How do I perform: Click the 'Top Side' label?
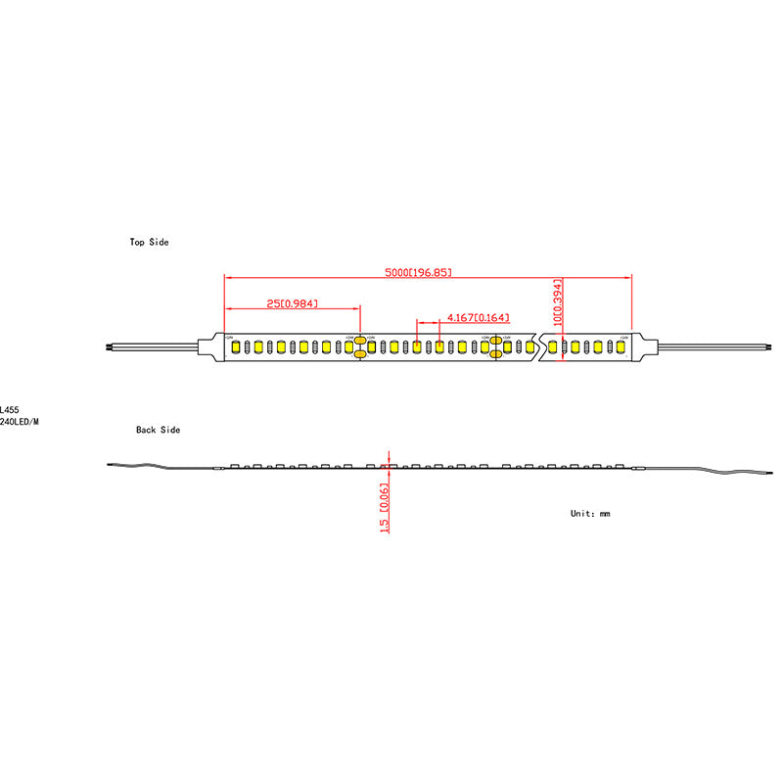(150, 242)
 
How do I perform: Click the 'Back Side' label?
(158, 430)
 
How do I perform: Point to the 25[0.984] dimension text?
(292, 304)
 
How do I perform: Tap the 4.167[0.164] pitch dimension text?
(478, 317)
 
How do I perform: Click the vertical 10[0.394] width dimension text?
(558, 301)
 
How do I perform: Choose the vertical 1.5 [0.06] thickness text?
(385, 507)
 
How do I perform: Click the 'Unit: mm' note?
(590, 513)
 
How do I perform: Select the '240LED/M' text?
(20, 422)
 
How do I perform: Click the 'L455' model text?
(9, 410)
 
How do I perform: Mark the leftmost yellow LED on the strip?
(235, 346)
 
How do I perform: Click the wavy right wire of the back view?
(705, 469)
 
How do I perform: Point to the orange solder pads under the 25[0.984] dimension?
(359, 346)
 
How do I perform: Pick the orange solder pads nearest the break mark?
(495, 346)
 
